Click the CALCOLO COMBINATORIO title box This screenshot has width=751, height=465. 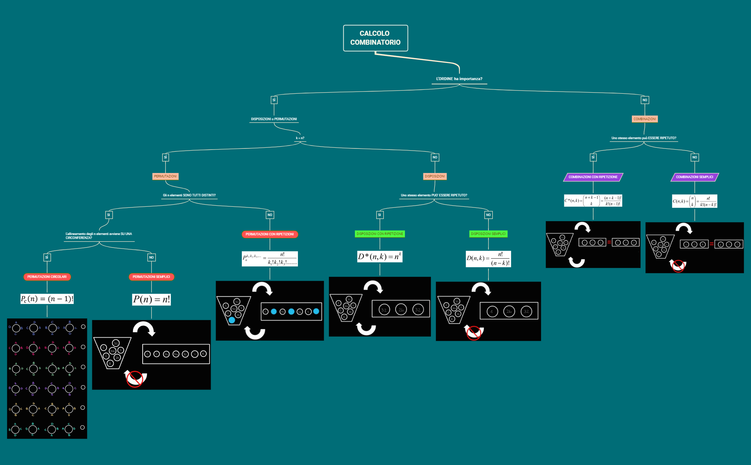coord(375,38)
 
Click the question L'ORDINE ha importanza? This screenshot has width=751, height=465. coord(459,79)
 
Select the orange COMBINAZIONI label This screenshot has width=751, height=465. coord(644,119)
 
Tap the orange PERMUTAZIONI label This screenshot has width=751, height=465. coord(165,176)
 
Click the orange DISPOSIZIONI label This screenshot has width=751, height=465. coord(435,176)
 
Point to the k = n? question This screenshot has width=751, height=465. coord(300,138)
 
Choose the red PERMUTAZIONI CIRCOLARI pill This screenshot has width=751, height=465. coord(47,277)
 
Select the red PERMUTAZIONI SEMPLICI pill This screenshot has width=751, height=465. coord(151,277)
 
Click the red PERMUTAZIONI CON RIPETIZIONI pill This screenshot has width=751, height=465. coord(270,234)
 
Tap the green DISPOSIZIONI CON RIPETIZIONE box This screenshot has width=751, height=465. coord(379,234)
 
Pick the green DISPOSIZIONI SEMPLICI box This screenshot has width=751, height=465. coord(488,234)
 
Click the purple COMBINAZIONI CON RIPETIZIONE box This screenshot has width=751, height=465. coord(593,177)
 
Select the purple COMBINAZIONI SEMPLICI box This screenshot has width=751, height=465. coord(694,177)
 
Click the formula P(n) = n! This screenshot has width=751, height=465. coord(151,299)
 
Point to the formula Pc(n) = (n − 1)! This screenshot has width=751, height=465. coord(47,299)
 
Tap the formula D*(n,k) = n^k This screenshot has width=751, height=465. coord(379,256)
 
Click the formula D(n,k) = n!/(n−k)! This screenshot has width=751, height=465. coord(488,259)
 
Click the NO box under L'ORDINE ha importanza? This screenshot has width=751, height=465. coord(644,100)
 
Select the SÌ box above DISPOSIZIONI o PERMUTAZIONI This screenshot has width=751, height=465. coord(274,100)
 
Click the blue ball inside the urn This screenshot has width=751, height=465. coord(232,320)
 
